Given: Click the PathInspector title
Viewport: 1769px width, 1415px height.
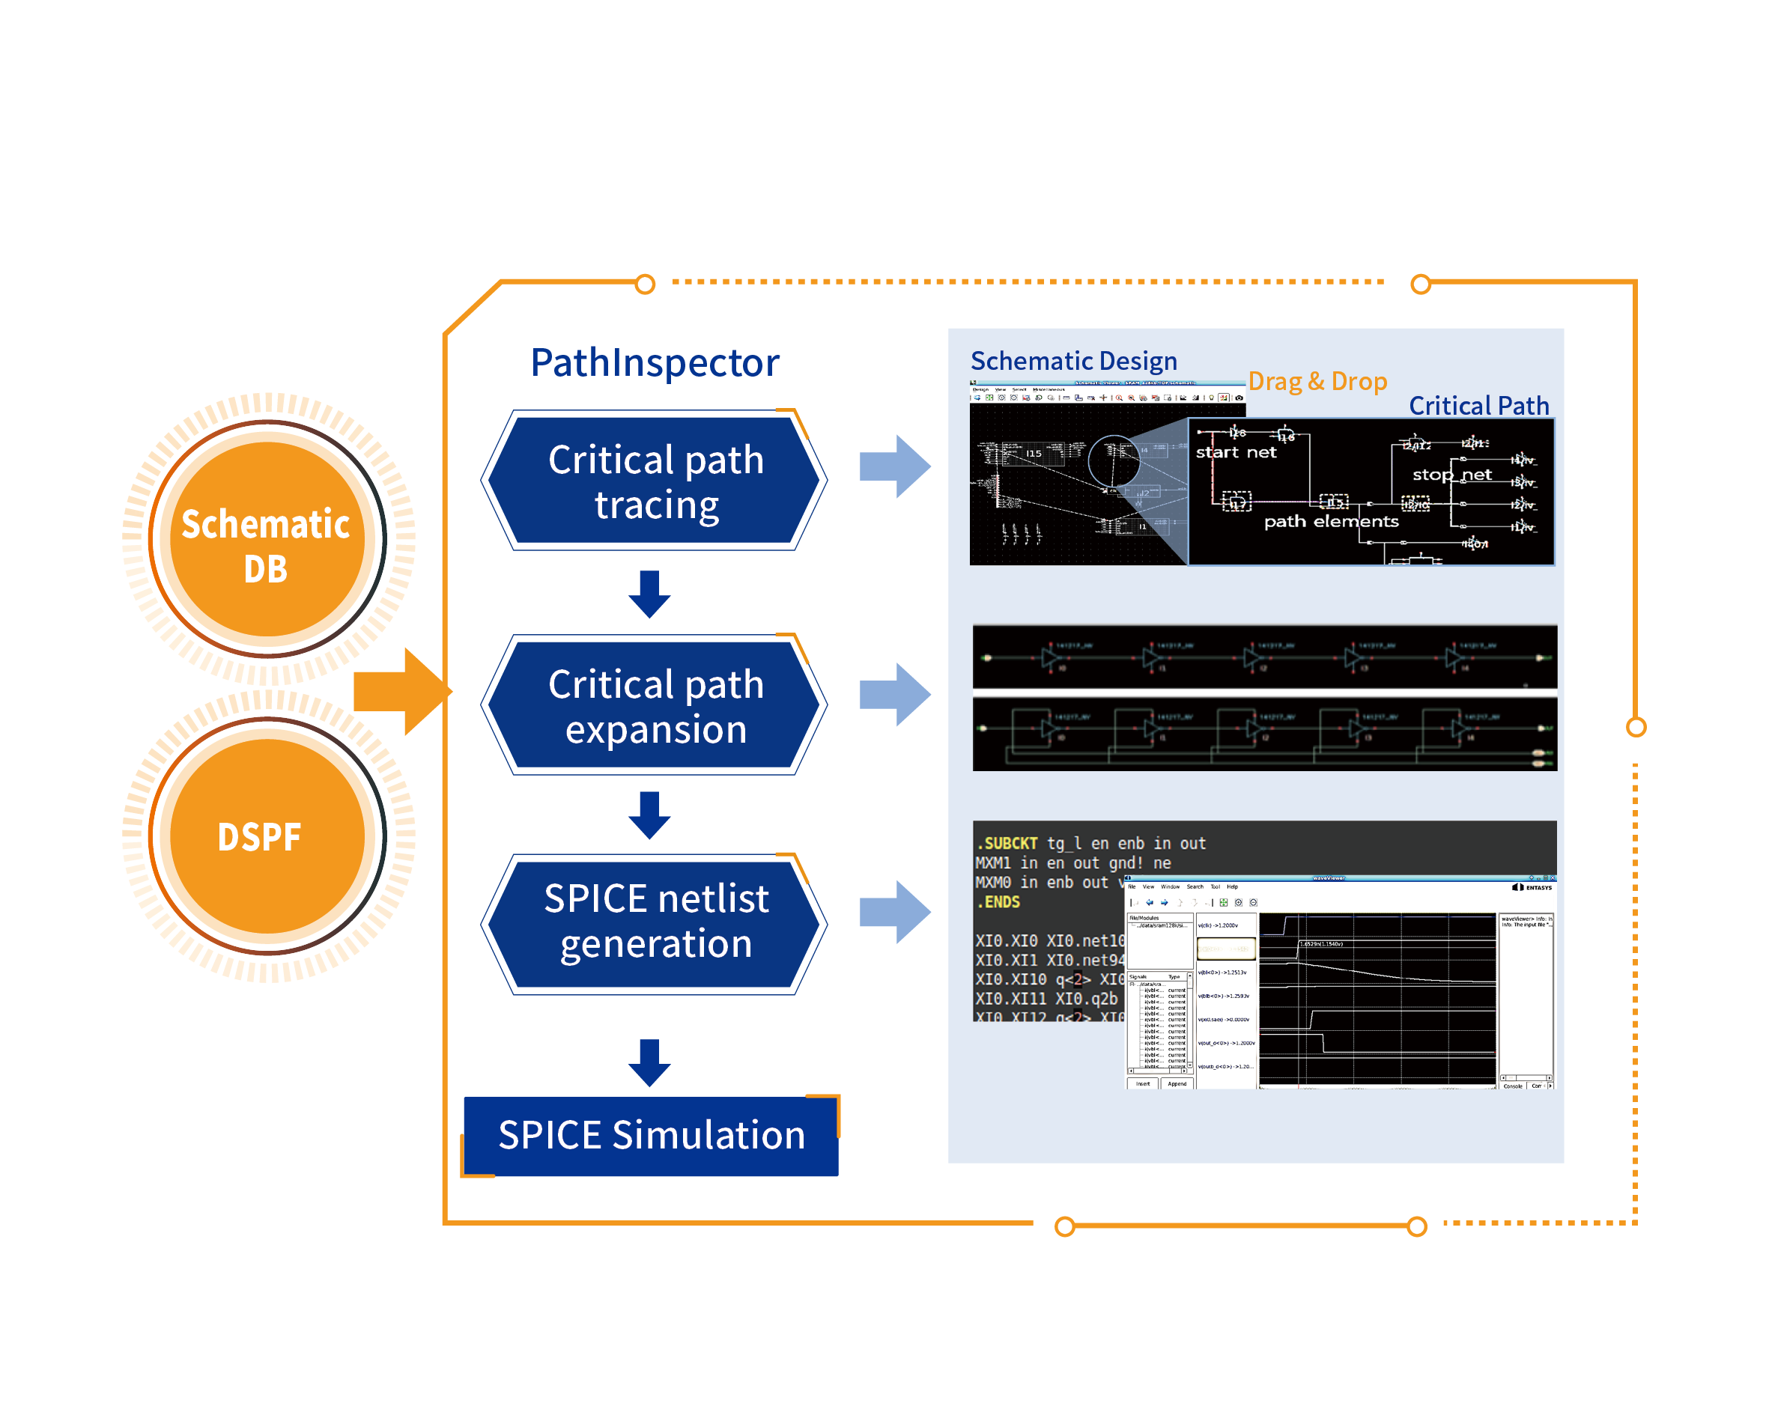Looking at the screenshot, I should tap(654, 362).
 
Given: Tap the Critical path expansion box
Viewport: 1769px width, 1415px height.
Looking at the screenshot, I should tap(654, 705).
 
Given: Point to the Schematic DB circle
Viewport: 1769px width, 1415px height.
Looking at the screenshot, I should tap(266, 540).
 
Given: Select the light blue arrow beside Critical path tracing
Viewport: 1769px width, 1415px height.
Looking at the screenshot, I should tap(895, 466).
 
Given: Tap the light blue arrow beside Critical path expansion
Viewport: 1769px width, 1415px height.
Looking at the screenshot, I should tap(895, 694).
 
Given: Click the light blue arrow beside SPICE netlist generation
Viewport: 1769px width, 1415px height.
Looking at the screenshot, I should tap(895, 911).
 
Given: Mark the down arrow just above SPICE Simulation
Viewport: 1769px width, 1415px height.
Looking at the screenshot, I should tap(649, 1063).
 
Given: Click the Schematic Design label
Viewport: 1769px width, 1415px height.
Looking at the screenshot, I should tap(1073, 361).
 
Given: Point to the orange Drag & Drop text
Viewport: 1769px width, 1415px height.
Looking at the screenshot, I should tap(1317, 381).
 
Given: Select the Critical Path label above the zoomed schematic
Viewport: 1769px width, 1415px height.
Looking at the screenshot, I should tap(1478, 405).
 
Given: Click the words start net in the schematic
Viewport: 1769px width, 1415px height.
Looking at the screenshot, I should tap(1236, 452).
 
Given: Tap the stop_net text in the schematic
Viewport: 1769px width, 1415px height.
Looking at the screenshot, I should tap(1451, 474).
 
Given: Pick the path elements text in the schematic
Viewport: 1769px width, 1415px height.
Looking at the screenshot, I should tap(1331, 521).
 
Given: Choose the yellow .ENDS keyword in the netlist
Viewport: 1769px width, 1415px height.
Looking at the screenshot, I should tap(998, 902).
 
